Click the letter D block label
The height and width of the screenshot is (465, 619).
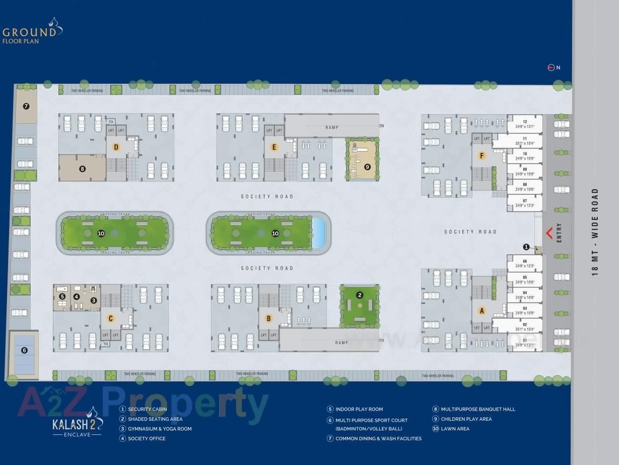tap(116, 147)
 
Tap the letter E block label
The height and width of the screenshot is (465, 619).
tap(274, 147)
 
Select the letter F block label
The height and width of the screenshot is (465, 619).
tap(482, 156)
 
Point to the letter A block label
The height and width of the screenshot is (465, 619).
tap(482, 311)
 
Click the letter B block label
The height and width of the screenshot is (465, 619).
tap(268, 319)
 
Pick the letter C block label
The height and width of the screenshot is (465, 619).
tap(111, 319)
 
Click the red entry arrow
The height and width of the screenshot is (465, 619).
tap(549, 232)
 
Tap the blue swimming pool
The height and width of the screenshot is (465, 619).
tap(318, 233)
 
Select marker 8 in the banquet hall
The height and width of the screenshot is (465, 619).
tap(83, 169)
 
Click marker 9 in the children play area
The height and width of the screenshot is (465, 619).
tap(367, 167)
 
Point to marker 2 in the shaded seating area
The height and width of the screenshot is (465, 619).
tap(359, 295)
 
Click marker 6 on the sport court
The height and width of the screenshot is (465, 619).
tap(24, 350)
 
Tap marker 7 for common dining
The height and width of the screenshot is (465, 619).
tap(26, 106)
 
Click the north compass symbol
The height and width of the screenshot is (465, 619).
tap(551, 67)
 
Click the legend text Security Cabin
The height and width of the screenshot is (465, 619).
tap(147, 409)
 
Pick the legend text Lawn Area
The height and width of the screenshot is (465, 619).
tap(455, 429)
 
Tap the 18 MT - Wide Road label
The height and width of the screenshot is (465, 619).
tap(595, 232)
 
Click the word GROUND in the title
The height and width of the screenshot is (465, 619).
tap(29, 33)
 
